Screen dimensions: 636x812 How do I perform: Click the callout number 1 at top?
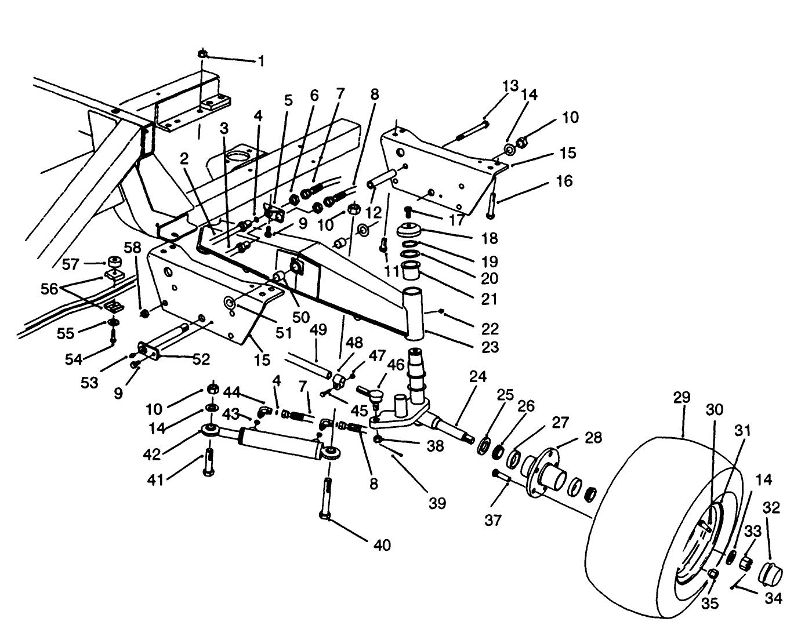coord(261,61)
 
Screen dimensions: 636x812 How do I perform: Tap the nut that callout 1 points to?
coord(202,54)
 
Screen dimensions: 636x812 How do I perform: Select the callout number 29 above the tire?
coord(682,398)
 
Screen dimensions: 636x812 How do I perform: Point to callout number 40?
coord(382,545)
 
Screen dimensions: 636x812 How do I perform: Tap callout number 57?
coord(70,265)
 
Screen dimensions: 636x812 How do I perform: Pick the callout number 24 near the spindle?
coord(478,377)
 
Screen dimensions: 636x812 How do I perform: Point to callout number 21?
coord(490,299)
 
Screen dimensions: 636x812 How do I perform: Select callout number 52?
coord(201,359)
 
